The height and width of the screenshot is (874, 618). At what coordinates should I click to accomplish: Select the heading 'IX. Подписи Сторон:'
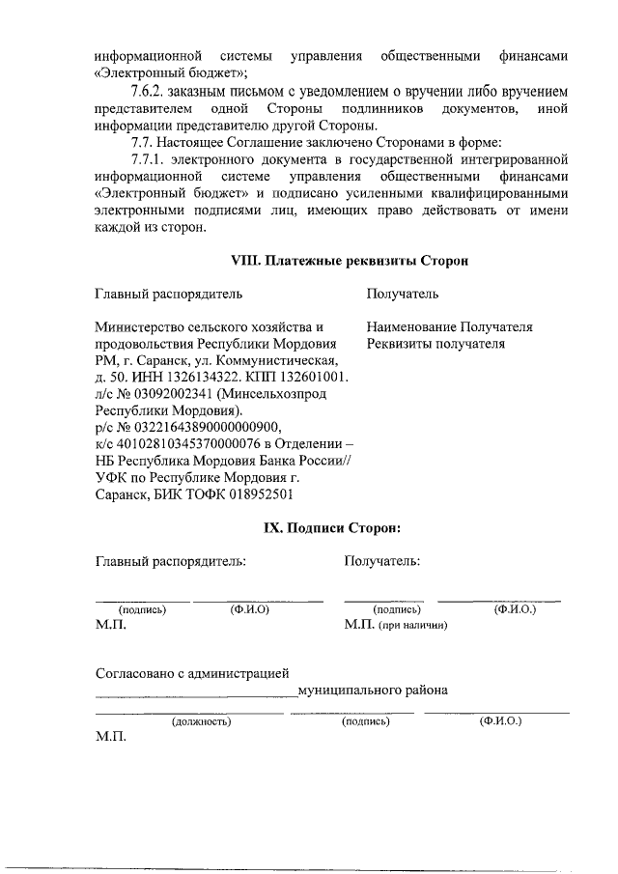click(x=332, y=527)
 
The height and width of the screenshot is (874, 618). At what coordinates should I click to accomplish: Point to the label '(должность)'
click(x=200, y=721)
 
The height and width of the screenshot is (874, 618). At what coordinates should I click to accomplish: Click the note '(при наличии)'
click(x=413, y=626)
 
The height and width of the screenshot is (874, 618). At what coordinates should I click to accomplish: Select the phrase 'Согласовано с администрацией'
click(x=192, y=673)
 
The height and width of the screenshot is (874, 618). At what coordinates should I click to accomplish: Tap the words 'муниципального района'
click(x=373, y=691)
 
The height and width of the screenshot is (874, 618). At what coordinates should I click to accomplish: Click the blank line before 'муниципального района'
click(x=196, y=693)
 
